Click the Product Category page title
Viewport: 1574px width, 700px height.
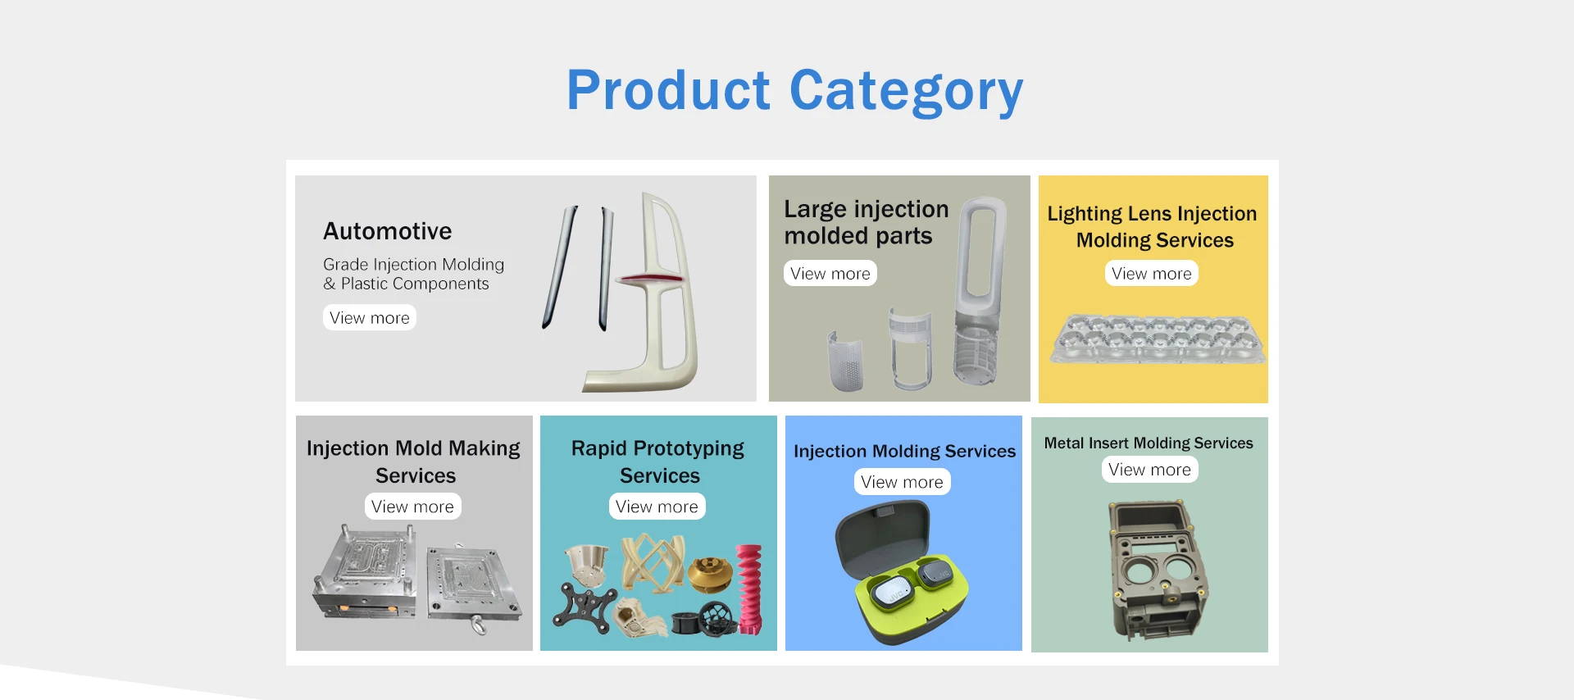pyautogui.click(x=794, y=91)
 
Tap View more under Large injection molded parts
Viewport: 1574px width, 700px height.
pyautogui.click(x=830, y=274)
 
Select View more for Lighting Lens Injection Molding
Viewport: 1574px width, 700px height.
pyautogui.click(x=1151, y=274)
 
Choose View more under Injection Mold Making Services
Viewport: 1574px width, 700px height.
pyautogui.click(x=412, y=507)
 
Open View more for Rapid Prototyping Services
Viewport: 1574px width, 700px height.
pyautogui.click(x=657, y=507)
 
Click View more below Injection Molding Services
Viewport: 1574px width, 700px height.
pyautogui.click(x=902, y=482)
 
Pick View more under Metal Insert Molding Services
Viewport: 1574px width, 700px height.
pyautogui.click(x=1149, y=470)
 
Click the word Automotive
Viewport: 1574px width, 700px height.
pyautogui.click(x=387, y=231)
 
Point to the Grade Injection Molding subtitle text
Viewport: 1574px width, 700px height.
pyautogui.click(x=413, y=274)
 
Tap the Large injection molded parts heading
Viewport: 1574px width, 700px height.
pyautogui.click(x=866, y=222)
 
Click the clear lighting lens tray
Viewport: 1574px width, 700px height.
pyautogui.click(x=1158, y=338)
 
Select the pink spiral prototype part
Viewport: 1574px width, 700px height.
pyautogui.click(x=749, y=589)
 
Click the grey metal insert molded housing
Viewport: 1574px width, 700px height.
pyautogui.click(x=1158, y=570)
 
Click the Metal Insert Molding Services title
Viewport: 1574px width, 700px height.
pyautogui.click(x=1149, y=443)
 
